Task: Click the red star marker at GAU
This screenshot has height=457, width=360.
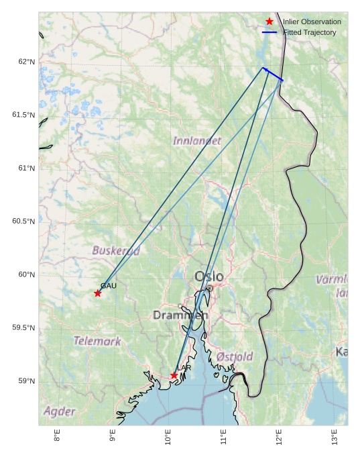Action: click(98, 293)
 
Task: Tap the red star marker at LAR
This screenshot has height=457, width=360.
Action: click(174, 375)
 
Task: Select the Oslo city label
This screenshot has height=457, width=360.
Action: click(209, 276)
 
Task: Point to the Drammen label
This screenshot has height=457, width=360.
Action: click(180, 315)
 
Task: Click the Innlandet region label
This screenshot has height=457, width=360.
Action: click(196, 141)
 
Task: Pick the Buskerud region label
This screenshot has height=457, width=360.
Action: click(116, 251)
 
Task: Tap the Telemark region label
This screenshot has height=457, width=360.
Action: click(97, 341)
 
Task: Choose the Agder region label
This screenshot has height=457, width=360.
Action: click(60, 411)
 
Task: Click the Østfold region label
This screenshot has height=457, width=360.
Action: click(235, 357)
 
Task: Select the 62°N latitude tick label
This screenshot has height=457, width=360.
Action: click(27, 62)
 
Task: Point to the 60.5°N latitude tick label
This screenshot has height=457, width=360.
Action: click(23, 221)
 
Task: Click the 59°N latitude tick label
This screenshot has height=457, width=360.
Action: click(27, 381)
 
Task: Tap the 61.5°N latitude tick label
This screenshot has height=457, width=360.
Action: click(23, 115)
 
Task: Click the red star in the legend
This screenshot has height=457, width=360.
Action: click(269, 22)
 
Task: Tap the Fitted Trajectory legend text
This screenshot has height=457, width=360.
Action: click(310, 32)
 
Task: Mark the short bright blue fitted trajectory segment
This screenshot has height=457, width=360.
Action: click(273, 74)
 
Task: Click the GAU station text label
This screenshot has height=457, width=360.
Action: click(109, 286)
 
